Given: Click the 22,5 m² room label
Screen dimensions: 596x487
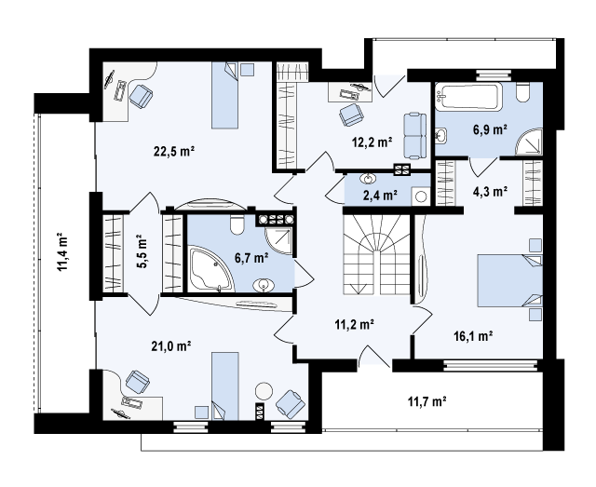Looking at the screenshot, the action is point(174,151).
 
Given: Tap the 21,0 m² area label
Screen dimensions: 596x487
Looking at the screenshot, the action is point(171,346).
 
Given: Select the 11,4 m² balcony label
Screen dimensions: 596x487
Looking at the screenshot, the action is point(62,252).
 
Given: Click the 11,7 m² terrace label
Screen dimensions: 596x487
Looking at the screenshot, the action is point(427,401).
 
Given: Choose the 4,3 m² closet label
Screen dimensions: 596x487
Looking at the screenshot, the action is point(491,191).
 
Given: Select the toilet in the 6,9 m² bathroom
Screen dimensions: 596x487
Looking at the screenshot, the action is point(523,92).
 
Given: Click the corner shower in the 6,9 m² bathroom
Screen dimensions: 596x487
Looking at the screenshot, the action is point(528,142).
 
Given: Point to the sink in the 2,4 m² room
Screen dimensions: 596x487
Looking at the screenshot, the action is point(368,178).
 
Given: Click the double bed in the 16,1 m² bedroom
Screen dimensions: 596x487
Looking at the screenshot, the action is point(510,280).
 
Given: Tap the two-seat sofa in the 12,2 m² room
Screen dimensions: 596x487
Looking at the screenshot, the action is point(415,135).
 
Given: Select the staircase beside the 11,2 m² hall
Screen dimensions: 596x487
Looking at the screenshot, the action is point(376,254).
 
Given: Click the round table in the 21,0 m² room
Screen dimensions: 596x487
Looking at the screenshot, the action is point(264,391).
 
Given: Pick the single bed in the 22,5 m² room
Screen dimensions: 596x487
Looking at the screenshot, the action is point(225,95).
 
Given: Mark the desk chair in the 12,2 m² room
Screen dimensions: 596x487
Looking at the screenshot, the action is point(351,114).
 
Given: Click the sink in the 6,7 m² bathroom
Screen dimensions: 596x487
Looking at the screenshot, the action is point(264,285).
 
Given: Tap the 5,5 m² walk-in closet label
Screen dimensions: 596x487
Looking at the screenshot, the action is point(142,252).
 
